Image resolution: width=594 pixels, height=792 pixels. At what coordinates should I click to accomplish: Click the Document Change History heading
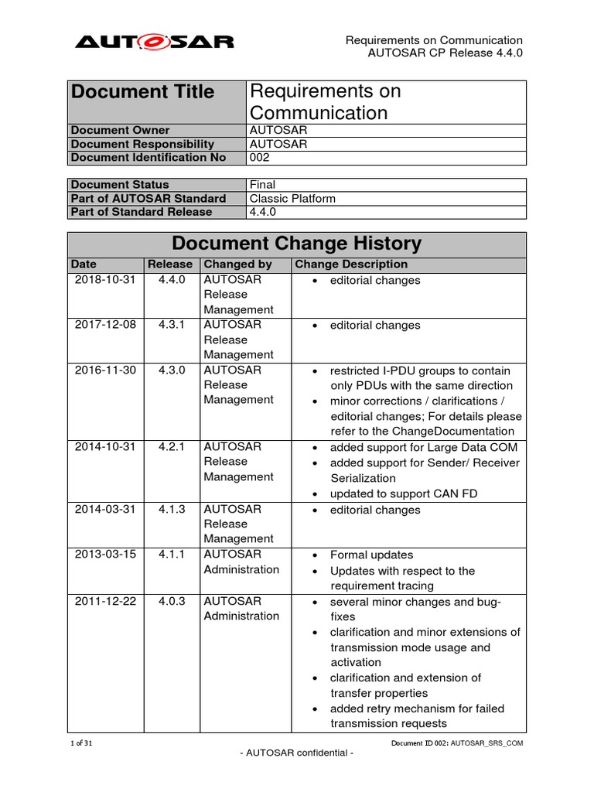click(x=296, y=244)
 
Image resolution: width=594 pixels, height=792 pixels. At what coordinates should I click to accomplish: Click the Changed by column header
click(x=237, y=265)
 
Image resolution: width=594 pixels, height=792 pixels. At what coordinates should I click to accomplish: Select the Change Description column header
click(x=350, y=265)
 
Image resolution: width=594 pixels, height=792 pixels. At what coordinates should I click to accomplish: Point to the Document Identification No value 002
click(x=259, y=158)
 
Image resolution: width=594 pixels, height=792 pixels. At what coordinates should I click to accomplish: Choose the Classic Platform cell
click(x=292, y=199)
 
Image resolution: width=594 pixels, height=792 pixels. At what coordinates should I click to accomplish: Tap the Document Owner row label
click(x=120, y=131)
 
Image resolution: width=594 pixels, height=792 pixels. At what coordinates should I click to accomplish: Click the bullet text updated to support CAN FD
click(x=398, y=493)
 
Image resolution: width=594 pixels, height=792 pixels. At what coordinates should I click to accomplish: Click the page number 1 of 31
click(x=80, y=742)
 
